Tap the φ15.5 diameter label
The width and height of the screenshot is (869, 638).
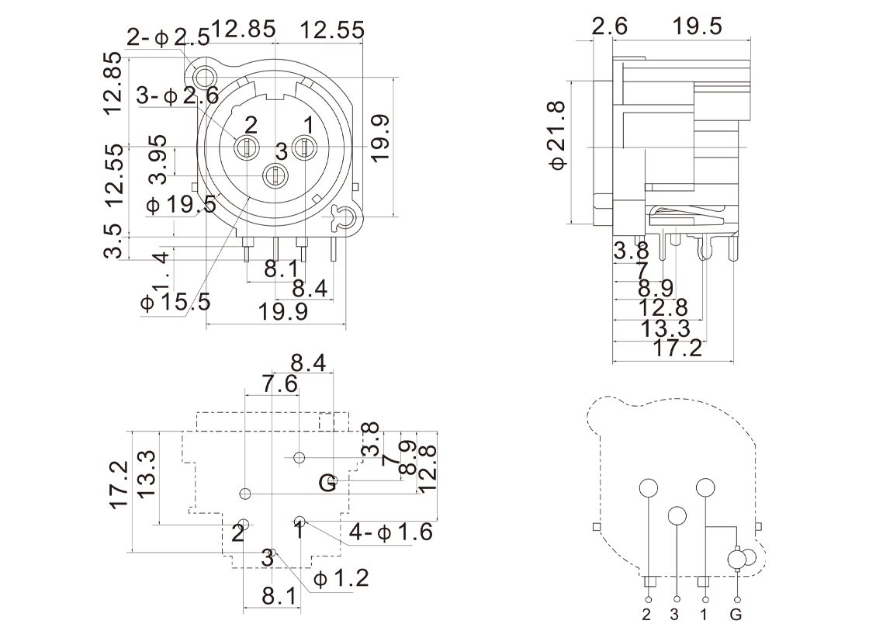click(x=175, y=301)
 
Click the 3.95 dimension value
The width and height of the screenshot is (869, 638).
click(x=158, y=160)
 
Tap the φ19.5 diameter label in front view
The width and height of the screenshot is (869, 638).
click(x=181, y=204)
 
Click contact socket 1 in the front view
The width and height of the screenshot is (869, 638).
click(x=305, y=146)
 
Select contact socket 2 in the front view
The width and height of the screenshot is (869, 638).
click(x=247, y=146)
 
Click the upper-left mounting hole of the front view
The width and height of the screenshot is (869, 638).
click(x=206, y=78)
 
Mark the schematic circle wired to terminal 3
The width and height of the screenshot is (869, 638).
click(x=677, y=516)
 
